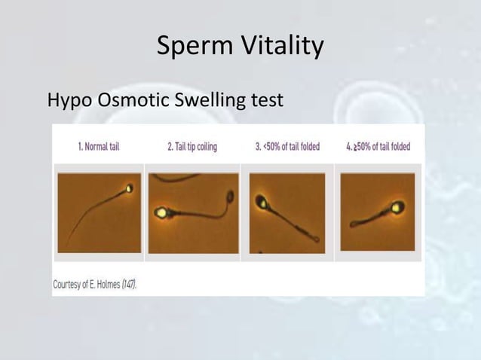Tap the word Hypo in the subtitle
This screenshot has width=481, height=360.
(x=70, y=100)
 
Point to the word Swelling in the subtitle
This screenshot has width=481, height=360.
(x=212, y=100)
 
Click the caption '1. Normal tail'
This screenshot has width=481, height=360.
(x=99, y=147)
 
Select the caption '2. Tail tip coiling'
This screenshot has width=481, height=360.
(x=192, y=147)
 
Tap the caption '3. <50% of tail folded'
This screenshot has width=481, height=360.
(x=286, y=147)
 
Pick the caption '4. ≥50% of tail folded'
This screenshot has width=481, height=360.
(x=378, y=147)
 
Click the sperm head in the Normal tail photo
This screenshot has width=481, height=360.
(x=129, y=189)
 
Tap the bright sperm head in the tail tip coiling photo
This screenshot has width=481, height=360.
(x=161, y=213)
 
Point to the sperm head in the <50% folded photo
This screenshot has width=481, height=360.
(x=262, y=202)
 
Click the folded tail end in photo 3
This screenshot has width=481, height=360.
(x=314, y=241)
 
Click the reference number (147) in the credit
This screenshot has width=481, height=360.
(x=133, y=285)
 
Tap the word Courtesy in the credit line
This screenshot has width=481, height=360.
(x=69, y=285)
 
